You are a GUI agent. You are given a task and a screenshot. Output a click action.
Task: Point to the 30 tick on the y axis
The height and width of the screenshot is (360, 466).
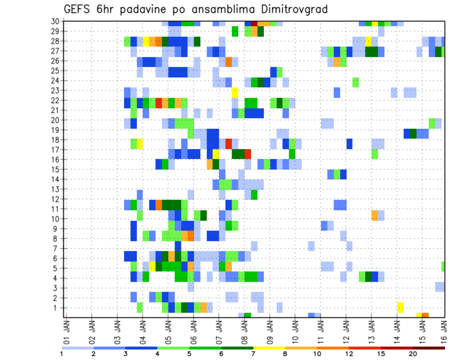pyautogui.click(x=54, y=21)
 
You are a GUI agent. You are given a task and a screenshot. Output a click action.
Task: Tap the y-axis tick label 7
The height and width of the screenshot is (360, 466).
pyautogui.click(x=56, y=248)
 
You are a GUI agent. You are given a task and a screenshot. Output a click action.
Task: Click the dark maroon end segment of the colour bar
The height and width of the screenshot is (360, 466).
pyautogui.click(x=429, y=347)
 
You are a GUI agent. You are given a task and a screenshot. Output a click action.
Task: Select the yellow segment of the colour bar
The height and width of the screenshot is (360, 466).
pyautogui.click(x=269, y=347)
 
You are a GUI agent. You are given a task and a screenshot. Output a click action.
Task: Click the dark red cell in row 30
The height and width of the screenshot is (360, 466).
pyautogui.click(x=254, y=23)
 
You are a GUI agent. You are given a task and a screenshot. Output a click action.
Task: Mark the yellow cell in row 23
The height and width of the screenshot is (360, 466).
pyautogui.click(x=235, y=92)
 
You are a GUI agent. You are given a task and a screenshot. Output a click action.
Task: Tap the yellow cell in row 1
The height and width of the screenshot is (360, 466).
pyautogui.click(x=400, y=307)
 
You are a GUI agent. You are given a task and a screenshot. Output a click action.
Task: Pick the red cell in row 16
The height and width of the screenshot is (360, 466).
pyautogui.click(x=248, y=154)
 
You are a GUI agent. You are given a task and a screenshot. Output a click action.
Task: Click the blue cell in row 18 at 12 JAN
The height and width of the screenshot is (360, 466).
pyautogui.click(x=349, y=144)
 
